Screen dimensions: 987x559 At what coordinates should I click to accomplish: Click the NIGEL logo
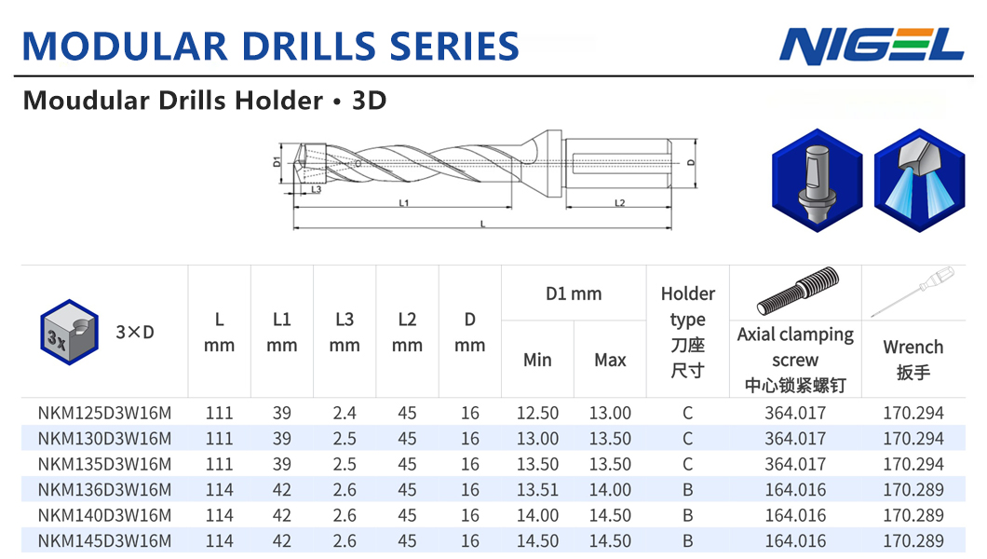point(872,46)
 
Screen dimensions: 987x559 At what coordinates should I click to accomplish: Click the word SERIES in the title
point(454,47)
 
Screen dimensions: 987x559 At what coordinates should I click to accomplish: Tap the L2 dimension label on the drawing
point(619,203)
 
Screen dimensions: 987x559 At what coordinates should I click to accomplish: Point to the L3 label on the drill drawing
point(316,189)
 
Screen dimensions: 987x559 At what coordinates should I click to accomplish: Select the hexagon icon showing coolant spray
point(919,181)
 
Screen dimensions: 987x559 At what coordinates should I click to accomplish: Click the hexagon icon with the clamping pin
point(817,181)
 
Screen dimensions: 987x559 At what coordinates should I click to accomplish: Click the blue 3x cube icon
point(69,332)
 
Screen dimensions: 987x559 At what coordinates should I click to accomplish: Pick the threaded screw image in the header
point(798,290)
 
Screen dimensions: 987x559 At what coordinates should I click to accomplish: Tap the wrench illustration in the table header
point(913,292)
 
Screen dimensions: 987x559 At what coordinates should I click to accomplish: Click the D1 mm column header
point(574,294)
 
